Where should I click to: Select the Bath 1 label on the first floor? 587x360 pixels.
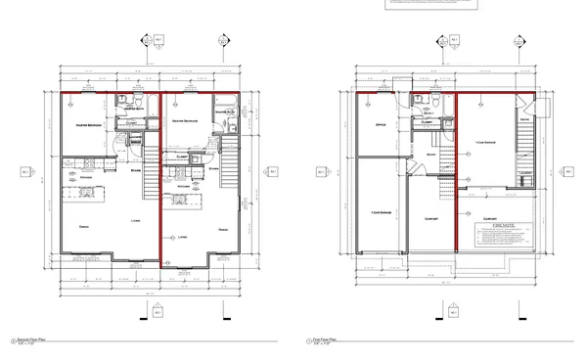[x=429, y=114]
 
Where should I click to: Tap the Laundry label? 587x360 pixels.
[x=525, y=174]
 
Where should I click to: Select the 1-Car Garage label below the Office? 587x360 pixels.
[x=382, y=213]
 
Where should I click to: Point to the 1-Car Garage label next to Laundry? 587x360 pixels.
[x=486, y=144]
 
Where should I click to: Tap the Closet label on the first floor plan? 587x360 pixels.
[x=429, y=122]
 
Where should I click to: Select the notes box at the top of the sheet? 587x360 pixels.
[x=430, y=7]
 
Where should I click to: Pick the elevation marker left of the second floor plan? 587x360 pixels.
[x=23, y=172]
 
